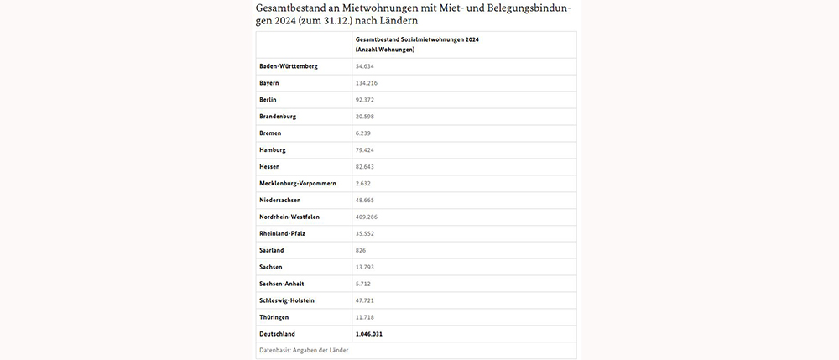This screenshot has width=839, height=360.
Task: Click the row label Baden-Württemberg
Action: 289,66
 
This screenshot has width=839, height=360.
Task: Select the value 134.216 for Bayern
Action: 369,83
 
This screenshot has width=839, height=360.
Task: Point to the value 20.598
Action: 367,117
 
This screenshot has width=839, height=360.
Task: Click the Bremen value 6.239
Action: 365,133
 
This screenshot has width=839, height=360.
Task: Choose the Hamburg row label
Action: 274,149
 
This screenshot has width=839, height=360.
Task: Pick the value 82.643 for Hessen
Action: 367,166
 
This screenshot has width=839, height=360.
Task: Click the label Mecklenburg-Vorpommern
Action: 299,183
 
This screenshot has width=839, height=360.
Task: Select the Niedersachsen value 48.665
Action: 367,200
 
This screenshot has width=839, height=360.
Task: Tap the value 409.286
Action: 369,217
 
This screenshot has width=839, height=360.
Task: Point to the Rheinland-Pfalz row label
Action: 284,233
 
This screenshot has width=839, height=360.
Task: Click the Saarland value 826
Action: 362,250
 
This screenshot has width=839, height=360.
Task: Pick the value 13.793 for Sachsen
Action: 367,267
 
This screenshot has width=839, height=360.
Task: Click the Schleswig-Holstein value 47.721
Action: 367,300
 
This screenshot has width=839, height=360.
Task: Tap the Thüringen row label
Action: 276,317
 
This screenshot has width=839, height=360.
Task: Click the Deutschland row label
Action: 279,334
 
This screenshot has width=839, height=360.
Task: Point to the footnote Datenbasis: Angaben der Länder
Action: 304,350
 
